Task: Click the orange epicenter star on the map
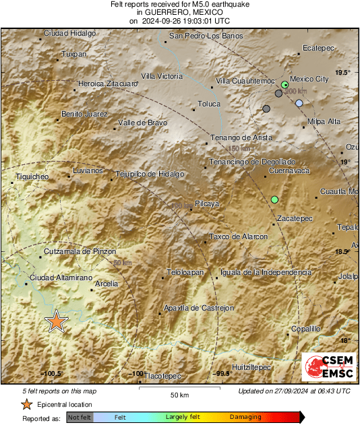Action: click(57, 322)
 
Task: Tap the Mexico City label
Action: click(309, 79)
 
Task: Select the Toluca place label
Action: click(208, 104)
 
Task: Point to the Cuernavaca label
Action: click(289, 171)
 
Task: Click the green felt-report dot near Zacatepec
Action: click(274, 199)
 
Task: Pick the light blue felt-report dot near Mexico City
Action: click(299, 103)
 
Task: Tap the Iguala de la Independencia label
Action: click(266, 272)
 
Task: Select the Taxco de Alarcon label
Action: click(239, 236)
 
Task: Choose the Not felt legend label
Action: click(79, 417)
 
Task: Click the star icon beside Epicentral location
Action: click(26, 404)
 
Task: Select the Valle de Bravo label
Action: click(142, 123)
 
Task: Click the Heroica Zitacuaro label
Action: click(108, 84)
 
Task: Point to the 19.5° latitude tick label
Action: click(343, 71)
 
